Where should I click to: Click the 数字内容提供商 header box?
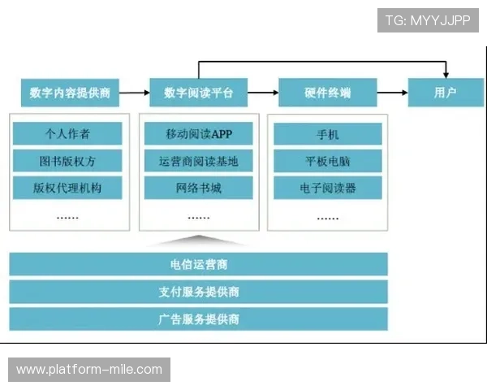[x=69, y=93]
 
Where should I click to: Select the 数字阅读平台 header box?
[x=198, y=93]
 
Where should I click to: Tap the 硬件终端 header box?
[x=327, y=93]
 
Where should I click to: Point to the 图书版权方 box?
[x=67, y=161]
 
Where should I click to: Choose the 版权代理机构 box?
[x=67, y=188]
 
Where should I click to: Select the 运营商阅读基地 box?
[x=198, y=161]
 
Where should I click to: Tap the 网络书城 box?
[x=198, y=188]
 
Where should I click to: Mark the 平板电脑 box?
[x=327, y=161]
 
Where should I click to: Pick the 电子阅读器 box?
[x=327, y=188]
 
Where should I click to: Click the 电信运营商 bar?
[x=198, y=264]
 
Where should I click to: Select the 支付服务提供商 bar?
[x=198, y=292]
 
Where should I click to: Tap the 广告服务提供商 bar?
[x=198, y=318]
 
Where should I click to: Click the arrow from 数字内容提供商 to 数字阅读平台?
[x=133, y=93]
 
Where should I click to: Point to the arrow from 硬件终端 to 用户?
[x=391, y=93]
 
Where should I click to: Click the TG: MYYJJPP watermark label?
[x=428, y=19]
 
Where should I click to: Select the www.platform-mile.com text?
[x=89, y=370]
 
